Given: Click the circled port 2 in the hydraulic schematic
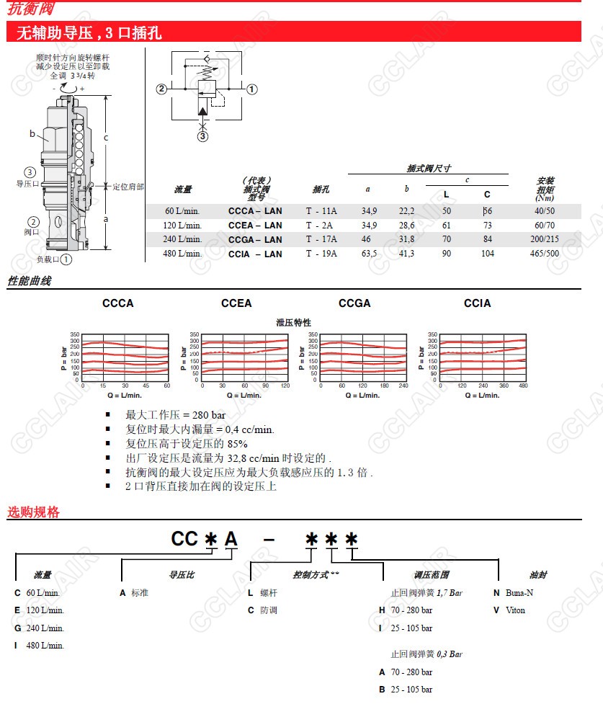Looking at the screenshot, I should pos(162,89).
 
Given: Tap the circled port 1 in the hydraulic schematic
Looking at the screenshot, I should pos(252,89).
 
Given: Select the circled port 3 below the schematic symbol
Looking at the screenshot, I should pos(203,135).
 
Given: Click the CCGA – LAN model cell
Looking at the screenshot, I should pos(255,240).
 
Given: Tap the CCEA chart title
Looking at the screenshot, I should pos(236,303).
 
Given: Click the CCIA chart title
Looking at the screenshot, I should pos(477,303).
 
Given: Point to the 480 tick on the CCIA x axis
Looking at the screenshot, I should pos(524,386).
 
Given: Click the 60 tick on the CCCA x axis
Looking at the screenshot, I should pos(168,386).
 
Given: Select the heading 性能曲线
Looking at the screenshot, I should pos(30,281).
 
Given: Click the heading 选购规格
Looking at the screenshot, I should pos(33,513).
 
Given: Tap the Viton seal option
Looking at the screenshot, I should pos(514,610).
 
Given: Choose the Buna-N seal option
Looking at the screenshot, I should pos(518,593).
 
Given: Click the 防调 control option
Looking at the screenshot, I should pos(268,610).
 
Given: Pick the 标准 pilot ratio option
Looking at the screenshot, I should pos(139,593).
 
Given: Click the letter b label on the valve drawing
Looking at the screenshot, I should pos(32,133).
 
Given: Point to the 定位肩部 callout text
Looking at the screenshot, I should pos(128,187).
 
